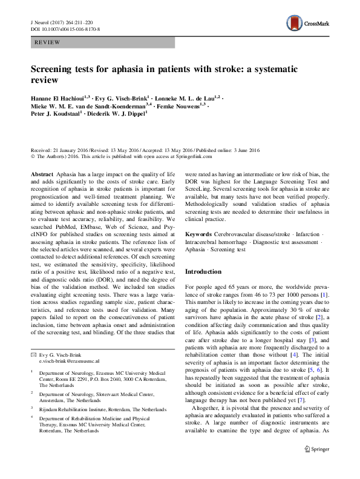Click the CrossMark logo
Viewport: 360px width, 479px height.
[x=308, y=24]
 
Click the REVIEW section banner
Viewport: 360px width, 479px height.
[x=102, y=42]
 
